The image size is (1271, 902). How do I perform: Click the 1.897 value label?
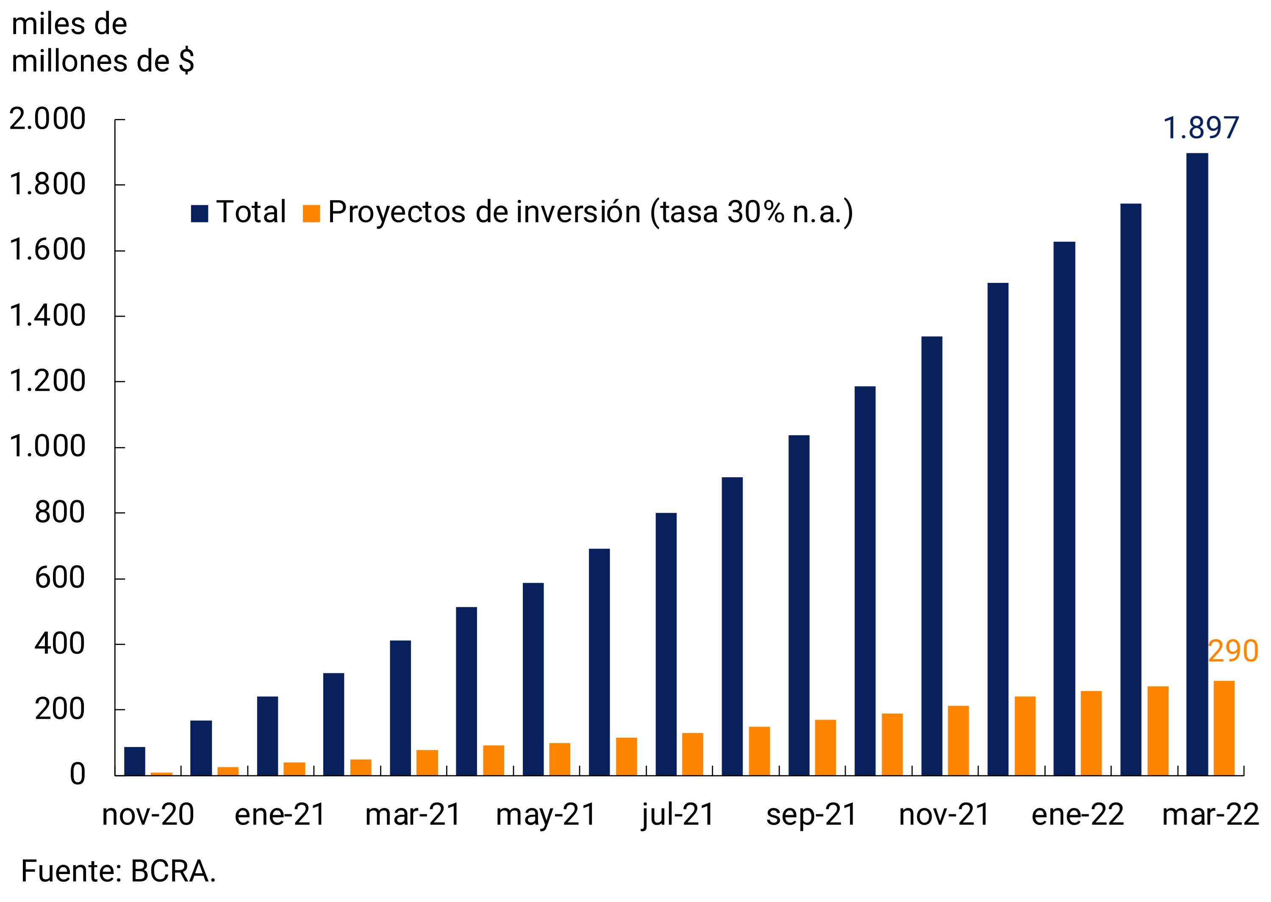pos(1200,128)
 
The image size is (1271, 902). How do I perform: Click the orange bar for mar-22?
pos(1224,728)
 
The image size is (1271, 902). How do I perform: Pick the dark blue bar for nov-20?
pos(134,761)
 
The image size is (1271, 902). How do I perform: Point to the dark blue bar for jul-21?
pos(666,644)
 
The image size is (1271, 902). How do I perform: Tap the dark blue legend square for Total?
pos(200,213)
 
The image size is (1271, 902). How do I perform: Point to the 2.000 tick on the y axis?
pos(48,119)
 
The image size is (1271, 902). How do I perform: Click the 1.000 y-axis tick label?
pos(48,447)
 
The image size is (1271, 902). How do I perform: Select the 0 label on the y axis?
pos(77,774)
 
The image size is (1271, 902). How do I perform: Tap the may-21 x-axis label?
pos(546,815)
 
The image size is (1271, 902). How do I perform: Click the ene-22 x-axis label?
pos(1078,815)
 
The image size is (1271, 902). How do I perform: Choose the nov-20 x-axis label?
pos(148,815)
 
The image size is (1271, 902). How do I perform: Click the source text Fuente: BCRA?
pos(118,871)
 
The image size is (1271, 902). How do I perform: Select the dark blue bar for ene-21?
pos(267,736)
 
